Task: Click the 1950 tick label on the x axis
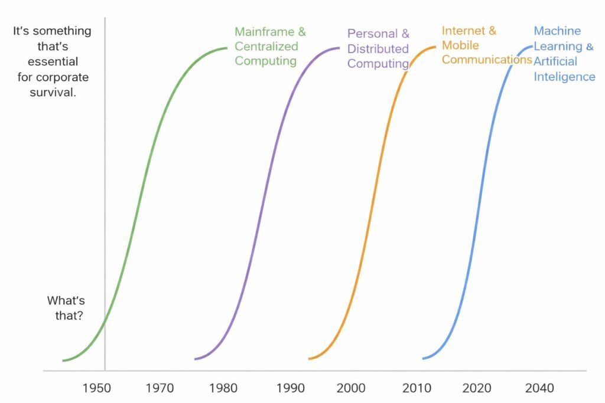96,388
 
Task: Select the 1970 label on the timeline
159,388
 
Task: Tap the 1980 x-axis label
223,388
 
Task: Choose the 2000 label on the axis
350,388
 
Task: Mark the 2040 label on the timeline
539,388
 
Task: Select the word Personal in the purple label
370,34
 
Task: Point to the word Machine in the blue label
557,31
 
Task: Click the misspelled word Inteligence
564,77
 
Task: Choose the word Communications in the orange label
487,60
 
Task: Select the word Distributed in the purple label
378,48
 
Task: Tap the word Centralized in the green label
266,47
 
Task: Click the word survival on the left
53,93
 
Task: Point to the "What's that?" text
66,307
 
